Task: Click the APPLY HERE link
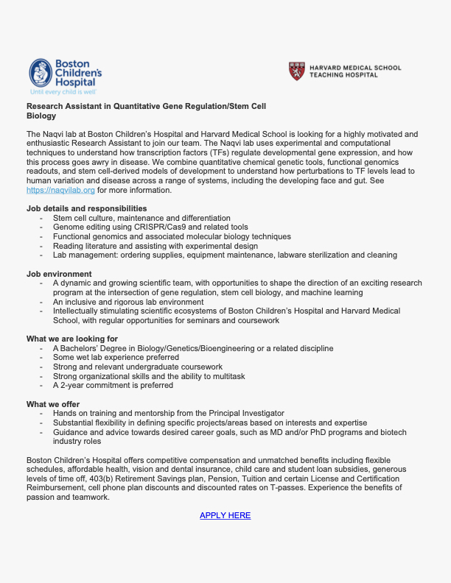tap(225, 515)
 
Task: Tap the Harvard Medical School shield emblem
tap(296, 71)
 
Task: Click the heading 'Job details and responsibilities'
tap(86, 209)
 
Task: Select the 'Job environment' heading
tap(59, 274)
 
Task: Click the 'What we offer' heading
tap(53, 404)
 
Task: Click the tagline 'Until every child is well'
tap(63, 93)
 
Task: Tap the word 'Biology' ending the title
tap(41, 116)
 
